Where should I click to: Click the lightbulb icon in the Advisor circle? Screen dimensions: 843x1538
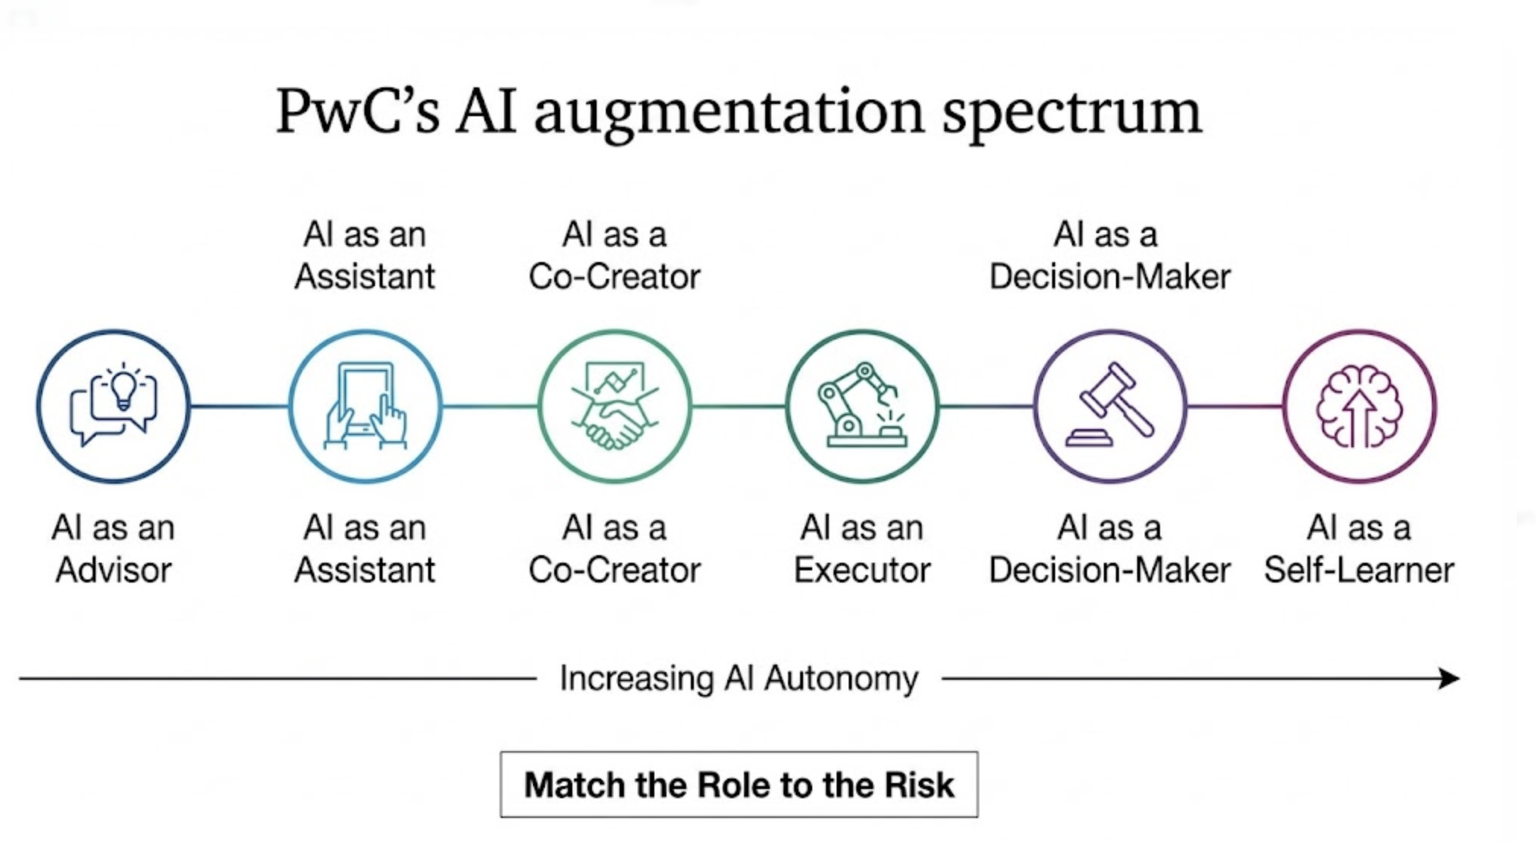coord(123,390)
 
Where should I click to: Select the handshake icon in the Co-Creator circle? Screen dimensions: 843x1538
coord(615,425)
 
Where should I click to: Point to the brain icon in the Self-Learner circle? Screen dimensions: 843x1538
coord(1359,406)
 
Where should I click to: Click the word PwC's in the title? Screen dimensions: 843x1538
coord(357,112)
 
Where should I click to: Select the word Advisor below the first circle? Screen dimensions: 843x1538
coord(114,570)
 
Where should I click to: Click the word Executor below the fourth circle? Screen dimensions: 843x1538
coord(862,570)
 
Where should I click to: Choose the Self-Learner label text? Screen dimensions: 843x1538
coord(1359,570)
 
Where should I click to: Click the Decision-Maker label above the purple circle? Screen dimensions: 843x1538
coord(1110,276)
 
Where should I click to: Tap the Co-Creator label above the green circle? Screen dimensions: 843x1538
coord(614,276)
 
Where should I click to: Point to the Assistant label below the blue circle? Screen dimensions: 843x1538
coord(365,570)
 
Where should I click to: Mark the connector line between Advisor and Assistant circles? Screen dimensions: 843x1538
coord(239,406)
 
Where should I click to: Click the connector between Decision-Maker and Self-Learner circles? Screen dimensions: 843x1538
coord(1235,406)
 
